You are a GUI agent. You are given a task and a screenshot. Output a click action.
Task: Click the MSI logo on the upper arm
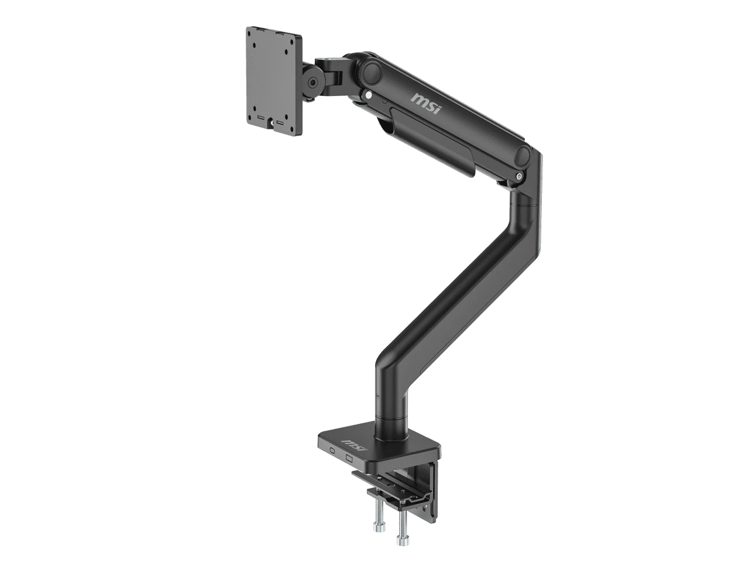tap(426, 104)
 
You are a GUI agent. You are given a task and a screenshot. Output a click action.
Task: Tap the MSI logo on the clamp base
tap(355, 446)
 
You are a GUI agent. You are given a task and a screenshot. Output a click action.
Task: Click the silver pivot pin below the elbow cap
tap(519, 176)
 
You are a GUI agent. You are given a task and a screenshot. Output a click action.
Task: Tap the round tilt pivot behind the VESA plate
tap(312, 83)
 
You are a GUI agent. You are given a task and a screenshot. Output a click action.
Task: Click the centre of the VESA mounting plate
tap(274, 81)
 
